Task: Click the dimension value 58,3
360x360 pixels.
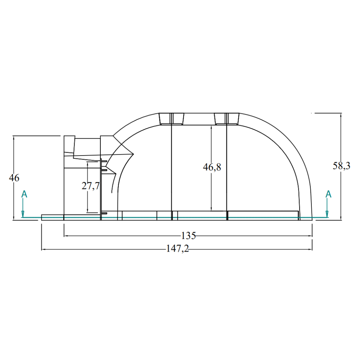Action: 341,166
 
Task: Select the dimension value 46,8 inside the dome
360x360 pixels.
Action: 212,167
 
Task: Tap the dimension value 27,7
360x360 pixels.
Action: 90,186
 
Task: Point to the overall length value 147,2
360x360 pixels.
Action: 177,248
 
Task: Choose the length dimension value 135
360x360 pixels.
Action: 189,235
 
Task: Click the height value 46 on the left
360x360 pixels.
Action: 14,178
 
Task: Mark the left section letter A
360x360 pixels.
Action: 24,194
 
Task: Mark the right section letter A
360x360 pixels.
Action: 328,194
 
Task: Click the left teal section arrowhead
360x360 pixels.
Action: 23,214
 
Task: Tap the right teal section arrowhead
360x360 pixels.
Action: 327,214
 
